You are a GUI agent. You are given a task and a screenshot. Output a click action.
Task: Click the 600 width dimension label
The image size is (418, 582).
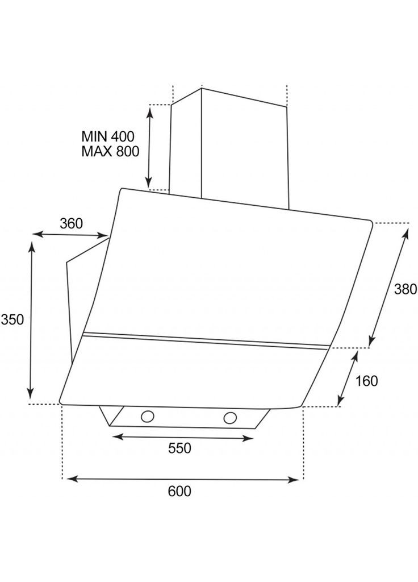pos(179,491)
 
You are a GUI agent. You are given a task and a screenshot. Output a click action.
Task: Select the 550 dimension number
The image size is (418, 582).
pos(179,448)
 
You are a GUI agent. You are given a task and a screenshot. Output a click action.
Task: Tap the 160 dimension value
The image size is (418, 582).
pos(366,381)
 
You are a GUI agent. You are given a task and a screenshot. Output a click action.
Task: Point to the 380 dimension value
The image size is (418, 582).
pos(406,289)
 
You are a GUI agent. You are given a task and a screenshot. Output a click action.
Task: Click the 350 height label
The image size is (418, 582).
pos(12,319)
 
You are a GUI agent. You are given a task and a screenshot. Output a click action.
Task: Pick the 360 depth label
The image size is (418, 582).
pos(71,224)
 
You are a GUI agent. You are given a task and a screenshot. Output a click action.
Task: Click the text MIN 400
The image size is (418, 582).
pos(108,136)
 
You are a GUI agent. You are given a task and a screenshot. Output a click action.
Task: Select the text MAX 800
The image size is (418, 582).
pos(110,151)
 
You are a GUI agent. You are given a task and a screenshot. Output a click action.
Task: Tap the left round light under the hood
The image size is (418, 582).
pos(147,417)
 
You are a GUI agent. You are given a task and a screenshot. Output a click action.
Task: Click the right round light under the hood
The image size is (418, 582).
pos(230,418)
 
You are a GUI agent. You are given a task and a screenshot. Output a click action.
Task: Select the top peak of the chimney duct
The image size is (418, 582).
pos(202,88)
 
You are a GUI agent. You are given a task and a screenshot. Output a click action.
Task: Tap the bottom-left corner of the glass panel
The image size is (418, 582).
pos(60,402)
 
